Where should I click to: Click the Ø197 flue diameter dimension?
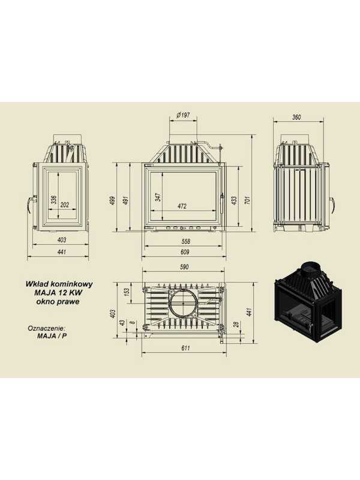click(184, 115)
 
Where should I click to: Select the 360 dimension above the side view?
click(296, 117)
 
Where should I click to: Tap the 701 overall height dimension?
click(248, 200)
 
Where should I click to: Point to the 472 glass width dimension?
click(182, 206)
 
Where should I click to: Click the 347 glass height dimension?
click(158, 197)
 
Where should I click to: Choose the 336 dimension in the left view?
click(54, 200)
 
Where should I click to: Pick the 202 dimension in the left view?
click(65, 205)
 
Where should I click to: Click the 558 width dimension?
click(185, 241)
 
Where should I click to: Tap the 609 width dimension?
click(185, 252)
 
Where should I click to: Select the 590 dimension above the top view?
click(184, 267)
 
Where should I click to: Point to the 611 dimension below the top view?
click(185, 348)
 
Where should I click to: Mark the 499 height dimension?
click(112, 200)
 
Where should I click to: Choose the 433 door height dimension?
click(234, 200)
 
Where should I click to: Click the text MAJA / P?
click(52, 335)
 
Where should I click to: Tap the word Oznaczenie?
click(47, 328)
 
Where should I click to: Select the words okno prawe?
click(58, 301)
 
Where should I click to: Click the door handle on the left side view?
click(30, 203)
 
